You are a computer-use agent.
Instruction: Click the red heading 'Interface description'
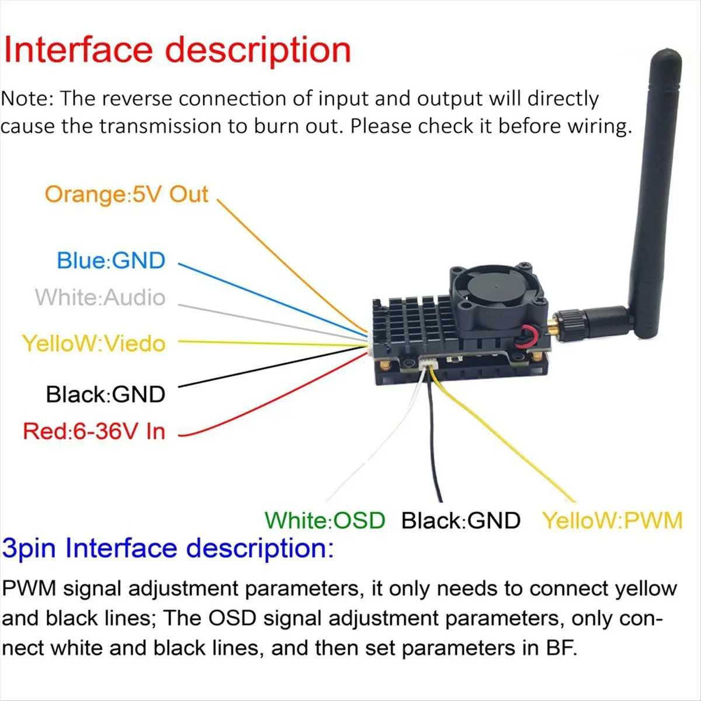[x=177, y=50]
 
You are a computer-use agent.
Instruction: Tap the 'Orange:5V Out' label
[x=126, y=195]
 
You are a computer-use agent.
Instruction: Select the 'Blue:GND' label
[x=111, y=261]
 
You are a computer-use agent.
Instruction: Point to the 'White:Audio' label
[x=100, y=297]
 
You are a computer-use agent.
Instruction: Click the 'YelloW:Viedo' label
[x=93, y=343]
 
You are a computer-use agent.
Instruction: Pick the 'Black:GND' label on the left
[x=106, y=394]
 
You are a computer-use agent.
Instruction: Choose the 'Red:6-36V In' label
[x=94, y=432]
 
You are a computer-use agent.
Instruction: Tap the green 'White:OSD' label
[x=325, y=520]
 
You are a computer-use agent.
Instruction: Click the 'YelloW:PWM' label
[x=612, y=520]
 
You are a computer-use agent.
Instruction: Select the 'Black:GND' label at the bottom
[x=461, y=520]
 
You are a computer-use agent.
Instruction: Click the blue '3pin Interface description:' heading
[x=168, y=549]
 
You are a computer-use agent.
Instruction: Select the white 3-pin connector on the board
[x=428, y=364]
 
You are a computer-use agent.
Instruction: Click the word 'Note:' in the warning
[x=27, y=99]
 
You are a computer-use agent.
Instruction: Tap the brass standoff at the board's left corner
[x=385, y=366]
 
